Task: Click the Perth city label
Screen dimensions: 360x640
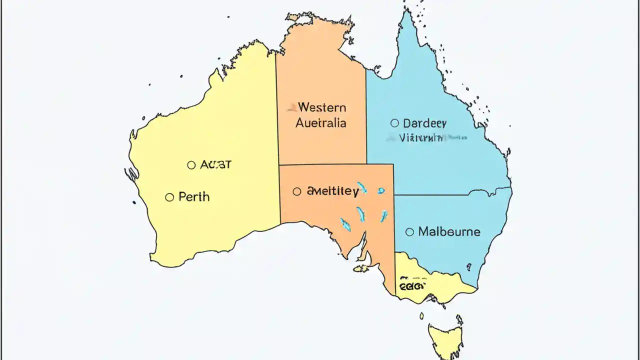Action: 194,197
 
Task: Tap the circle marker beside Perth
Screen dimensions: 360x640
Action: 169,197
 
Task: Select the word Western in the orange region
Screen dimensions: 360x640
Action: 321,107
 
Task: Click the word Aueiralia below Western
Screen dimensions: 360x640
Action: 320,123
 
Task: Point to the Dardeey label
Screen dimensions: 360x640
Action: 424,123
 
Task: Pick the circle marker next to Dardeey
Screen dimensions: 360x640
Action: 394,123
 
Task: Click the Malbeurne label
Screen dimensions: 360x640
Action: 449,232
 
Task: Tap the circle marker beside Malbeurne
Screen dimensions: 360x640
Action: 409,232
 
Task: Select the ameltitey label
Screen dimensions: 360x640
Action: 332,191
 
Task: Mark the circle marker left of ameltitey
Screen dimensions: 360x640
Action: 297,191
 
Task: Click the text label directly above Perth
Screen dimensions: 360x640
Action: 215,164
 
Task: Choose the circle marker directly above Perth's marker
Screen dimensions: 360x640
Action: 191,165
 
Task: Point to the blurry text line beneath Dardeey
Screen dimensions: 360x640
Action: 421,137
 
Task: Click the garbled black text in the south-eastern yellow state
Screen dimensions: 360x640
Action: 412,285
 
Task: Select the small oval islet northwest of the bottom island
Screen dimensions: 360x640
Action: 421,315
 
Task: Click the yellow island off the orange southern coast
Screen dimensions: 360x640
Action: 360,269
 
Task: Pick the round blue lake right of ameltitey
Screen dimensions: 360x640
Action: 381,190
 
